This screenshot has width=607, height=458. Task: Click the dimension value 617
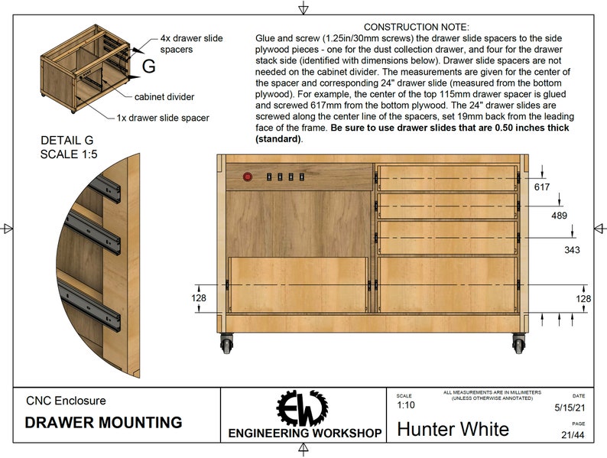tap(542, 187)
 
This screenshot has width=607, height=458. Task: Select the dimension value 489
tap(560, 216)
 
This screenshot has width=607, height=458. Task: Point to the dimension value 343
tap(572, 249)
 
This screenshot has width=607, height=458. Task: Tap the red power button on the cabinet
tap(247, 177)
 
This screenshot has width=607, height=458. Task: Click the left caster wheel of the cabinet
tap(227, 344)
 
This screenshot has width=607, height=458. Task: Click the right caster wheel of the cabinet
tap(519, 344)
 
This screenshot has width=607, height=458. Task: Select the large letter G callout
tap(148, 67)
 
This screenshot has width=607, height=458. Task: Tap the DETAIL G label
tap(69, 140)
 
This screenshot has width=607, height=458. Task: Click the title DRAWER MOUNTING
tap(103, 422)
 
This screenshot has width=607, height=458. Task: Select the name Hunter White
tap(453, 428)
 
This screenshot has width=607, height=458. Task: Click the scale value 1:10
tap(407, 405)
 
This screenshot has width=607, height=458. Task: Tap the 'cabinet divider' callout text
tap(164, 97)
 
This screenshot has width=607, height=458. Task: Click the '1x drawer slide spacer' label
tap(163, 118)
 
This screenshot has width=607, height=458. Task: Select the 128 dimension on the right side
tap(583, 297)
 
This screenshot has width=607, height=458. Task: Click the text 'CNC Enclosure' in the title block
tap(66, 400)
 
